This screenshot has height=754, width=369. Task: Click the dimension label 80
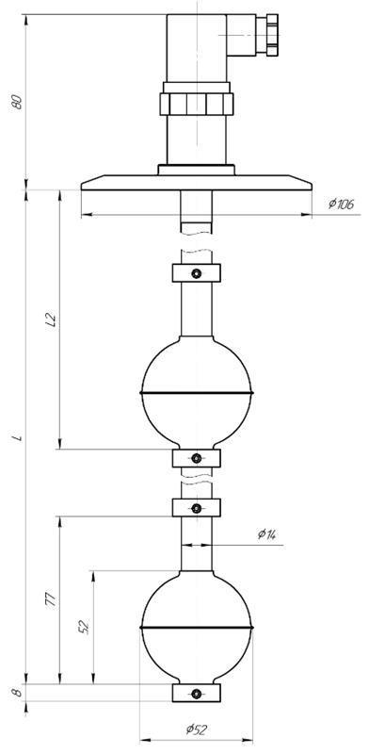(18, 102)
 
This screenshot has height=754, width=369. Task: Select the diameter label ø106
(341, 204)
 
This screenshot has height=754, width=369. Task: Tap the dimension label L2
(52, 320)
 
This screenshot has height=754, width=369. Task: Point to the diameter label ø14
(269, 533)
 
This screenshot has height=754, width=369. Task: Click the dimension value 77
(52, 600)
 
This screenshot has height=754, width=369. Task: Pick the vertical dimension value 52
(85, 628)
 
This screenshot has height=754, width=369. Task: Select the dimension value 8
(18, 693)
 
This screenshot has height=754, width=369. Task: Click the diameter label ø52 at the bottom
(197, 729)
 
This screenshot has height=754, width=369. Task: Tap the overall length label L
(18, 438)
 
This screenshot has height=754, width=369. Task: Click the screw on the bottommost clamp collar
(196, 694)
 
